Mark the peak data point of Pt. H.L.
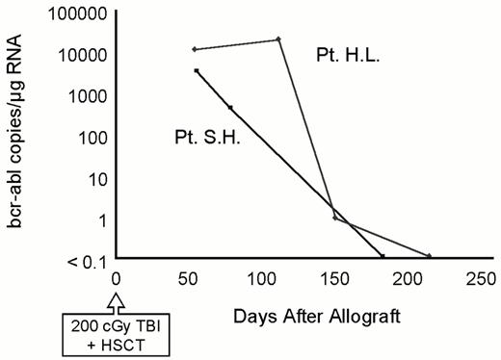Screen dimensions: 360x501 [278, 39]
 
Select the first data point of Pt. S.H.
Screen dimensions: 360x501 [197, 70]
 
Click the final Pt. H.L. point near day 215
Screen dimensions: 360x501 [429, 256]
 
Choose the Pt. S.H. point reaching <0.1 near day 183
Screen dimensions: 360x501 [382, 256]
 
